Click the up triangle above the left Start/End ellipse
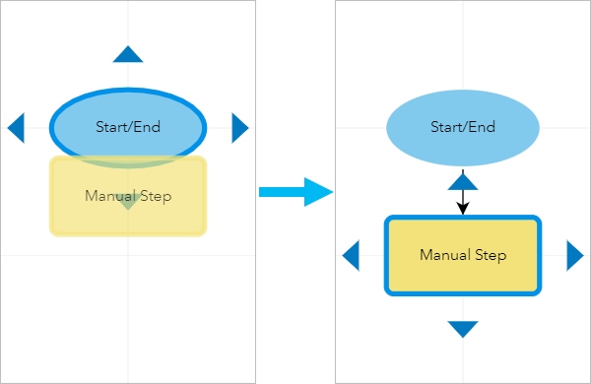point(128,55)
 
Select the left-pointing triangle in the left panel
point(16,127)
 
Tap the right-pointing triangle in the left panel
point(239,127)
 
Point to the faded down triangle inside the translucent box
point(126,202)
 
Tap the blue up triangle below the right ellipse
point(463,181)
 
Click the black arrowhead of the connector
point(463,208)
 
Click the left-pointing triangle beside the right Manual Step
point(351,256)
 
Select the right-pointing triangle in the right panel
point(574,256)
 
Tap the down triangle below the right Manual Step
point(463,329)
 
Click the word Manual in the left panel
point(109,196)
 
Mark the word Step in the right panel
point(489,256)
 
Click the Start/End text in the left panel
point(128,127)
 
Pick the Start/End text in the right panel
point(463,127)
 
